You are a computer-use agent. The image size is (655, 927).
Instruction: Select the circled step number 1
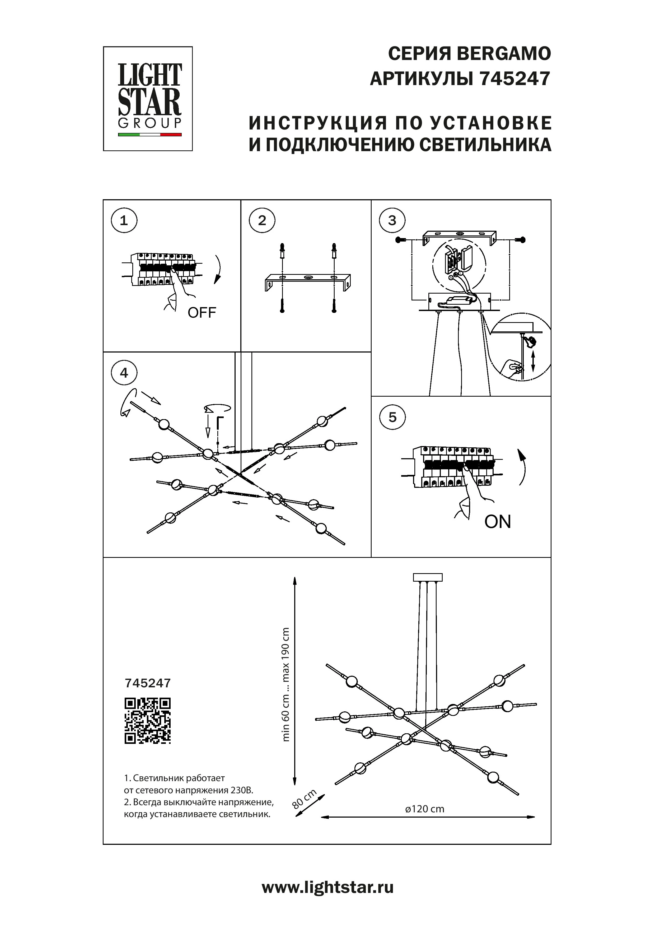pos(124,220)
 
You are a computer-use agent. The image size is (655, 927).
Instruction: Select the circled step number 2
pos(262,220)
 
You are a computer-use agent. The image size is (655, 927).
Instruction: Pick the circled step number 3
pos(392,220)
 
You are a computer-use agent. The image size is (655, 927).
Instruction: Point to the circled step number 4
pos(124,373)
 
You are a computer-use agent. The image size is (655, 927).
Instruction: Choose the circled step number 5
pos(392,417)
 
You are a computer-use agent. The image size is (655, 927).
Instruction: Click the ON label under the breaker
pos(498,522)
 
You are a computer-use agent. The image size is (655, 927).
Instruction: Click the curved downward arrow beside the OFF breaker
pos(218,269)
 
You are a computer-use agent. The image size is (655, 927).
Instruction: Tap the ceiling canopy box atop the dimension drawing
pos(428,578)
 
